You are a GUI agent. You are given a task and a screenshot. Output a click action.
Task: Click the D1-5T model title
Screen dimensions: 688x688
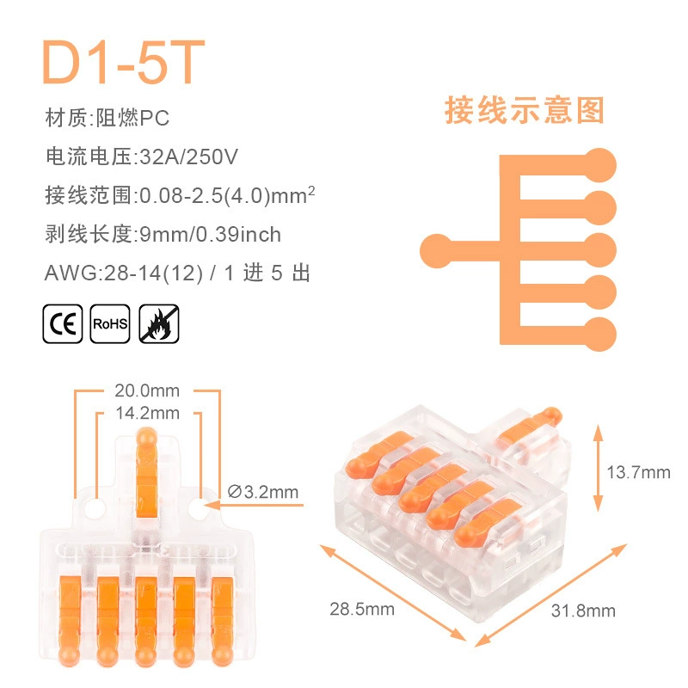[123, 62]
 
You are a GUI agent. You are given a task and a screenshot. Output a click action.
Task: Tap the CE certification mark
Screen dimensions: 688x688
[63, 324]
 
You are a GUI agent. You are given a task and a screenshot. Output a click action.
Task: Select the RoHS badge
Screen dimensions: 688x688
[110, 324]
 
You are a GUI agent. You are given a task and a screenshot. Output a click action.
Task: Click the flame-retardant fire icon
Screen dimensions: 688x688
[159, 324]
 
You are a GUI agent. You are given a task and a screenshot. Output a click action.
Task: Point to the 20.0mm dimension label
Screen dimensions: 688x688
[147, 390]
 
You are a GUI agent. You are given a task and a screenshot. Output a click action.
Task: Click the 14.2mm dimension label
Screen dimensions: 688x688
[148, 413]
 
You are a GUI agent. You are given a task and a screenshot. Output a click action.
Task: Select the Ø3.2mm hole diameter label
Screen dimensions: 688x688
[263, 492]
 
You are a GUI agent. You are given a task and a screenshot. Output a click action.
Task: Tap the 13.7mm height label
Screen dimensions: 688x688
[638, 472]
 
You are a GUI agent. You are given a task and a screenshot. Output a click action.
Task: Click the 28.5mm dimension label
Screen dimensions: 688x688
[362, 609]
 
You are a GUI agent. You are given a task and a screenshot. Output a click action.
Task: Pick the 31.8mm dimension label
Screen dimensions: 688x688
[583, 611]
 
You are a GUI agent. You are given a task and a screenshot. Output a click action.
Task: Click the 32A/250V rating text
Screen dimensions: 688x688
[188, 157]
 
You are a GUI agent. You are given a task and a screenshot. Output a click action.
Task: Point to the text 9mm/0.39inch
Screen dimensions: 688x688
[210, 234]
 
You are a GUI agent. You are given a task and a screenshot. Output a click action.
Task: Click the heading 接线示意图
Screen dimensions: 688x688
[525, 110]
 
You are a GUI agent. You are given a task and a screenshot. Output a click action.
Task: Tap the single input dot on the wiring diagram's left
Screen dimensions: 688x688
[437, 251]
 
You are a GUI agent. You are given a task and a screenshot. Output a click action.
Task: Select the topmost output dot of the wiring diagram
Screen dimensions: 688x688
[599, 165]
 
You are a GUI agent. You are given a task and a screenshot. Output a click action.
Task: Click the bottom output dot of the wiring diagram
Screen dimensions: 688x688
[599, 335]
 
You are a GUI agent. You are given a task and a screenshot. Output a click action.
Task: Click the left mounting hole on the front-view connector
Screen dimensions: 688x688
[95, 508]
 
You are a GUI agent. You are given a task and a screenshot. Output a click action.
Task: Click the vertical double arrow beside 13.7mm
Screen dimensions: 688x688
[598, 468]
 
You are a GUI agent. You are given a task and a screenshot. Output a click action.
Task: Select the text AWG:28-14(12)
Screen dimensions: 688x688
[124, 273]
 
